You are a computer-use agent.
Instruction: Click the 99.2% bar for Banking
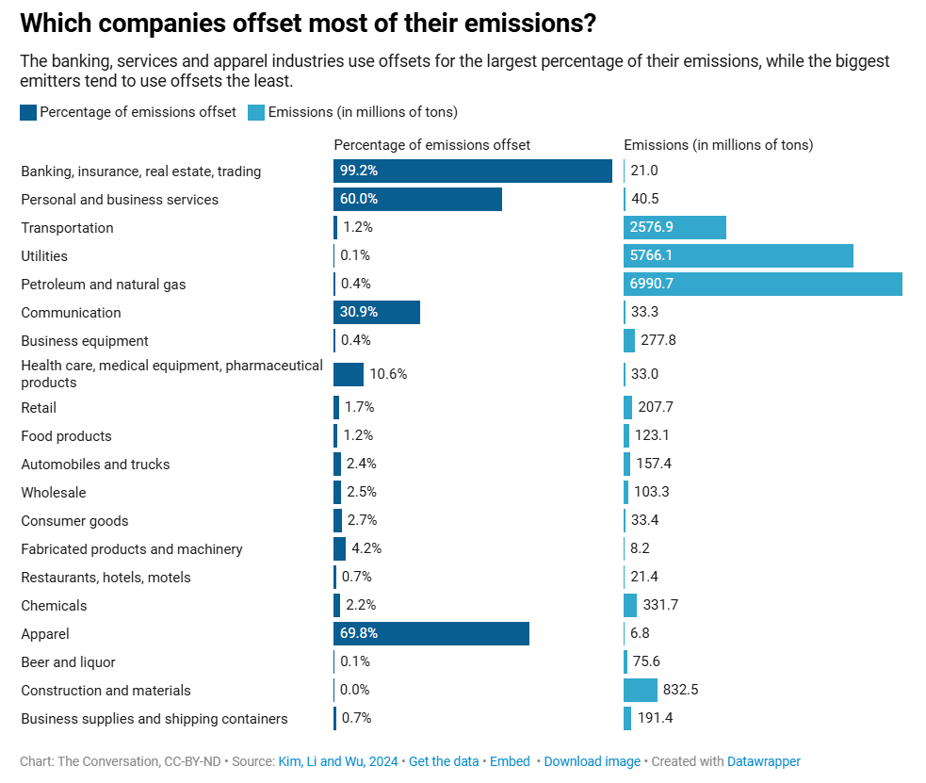coord(472,171)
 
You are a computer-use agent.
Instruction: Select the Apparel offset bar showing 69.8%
coord(431,634)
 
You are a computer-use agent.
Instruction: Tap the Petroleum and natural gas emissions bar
coord(762,284)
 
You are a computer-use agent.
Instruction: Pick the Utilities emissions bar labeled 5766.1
coord(738,255)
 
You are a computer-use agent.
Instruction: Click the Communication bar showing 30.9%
coord(376,312)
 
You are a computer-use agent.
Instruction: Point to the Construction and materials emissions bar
coord(640,690)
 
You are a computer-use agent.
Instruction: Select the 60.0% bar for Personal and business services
coord(417,199)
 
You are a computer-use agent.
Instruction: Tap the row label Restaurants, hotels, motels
coord(106,578)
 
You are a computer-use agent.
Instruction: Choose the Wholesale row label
coord(54,493)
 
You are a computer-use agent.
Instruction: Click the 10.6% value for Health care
coord(388,374)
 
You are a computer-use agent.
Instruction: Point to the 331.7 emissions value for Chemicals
coord(659,605)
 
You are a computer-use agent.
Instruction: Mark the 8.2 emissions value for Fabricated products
coord(641,548)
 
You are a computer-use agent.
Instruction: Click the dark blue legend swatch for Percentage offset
coord(28,112)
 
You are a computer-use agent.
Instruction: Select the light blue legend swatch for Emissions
coord(256,112)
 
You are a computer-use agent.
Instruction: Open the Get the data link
coord(444,761)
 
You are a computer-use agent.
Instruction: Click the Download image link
coord(592,761)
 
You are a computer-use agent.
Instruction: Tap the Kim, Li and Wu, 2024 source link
coord(338,761)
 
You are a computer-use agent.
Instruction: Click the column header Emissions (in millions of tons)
coord(718,145)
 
